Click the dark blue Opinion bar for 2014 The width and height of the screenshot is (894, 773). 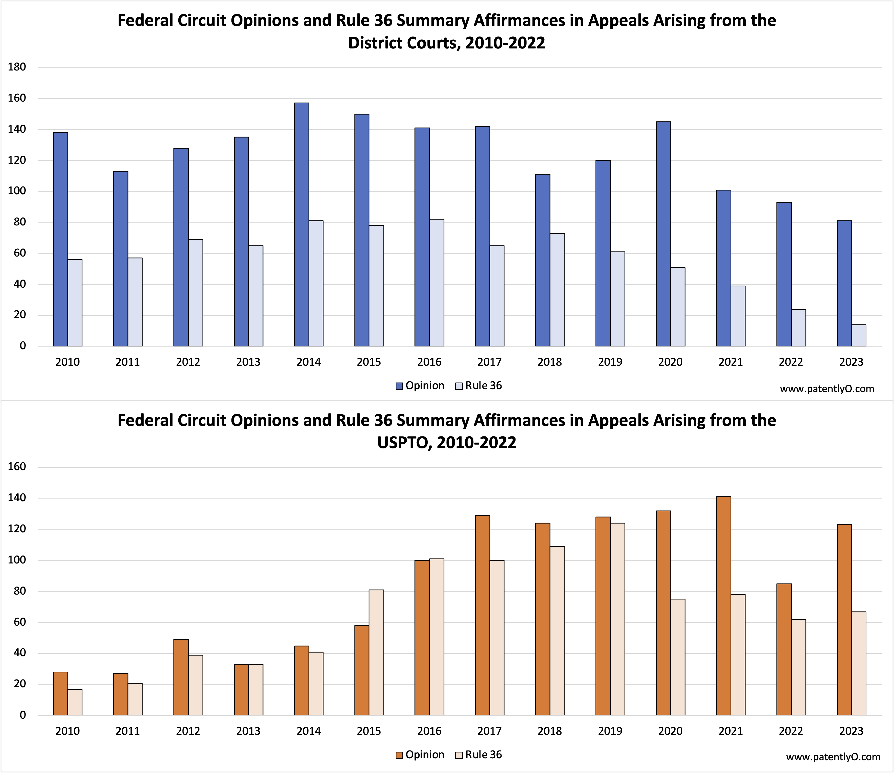point(302,224)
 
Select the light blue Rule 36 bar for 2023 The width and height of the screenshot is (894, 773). point(859,335)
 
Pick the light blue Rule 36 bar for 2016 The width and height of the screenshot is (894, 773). point(437,283)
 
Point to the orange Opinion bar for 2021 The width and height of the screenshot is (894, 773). point(723,606)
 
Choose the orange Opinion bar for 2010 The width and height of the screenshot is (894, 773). point(60,694)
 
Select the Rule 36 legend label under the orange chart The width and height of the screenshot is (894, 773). point(483,754)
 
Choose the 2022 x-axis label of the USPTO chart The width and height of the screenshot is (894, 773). point(791,731)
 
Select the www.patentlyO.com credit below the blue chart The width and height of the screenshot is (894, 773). point(827,389)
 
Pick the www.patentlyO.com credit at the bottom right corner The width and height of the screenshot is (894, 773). point(833,757)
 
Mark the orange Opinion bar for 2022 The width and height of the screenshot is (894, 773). point(784,650)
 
